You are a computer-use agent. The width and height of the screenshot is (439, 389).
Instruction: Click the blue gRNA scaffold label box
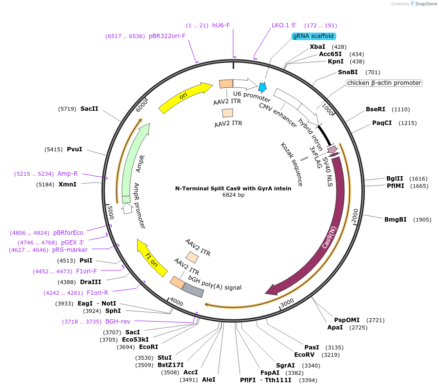(x=314, y=36)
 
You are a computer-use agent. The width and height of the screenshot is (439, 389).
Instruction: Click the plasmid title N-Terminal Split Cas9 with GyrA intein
(x=233, y=188)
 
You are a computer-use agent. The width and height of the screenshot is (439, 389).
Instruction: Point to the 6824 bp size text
(x=233, y=195)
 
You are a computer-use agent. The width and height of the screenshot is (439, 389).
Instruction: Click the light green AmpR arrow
(x=134, y=161)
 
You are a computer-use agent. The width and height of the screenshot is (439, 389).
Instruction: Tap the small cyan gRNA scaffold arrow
(x=263, y=87)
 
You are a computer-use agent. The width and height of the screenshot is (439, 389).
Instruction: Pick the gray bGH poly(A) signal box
(x=193, y=290)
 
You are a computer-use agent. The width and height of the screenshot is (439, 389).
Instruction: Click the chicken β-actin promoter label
(x=384, y=83)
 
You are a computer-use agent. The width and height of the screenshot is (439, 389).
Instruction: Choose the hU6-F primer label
(x=221, y=25)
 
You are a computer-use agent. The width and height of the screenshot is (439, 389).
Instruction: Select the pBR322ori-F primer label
(x=167, y=36)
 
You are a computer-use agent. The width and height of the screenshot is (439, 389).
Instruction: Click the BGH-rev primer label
(x=118, y=322)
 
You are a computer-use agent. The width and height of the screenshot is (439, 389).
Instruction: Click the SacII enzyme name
(x=89, y=109)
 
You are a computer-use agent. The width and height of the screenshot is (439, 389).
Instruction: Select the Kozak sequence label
(x=292, y=164)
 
